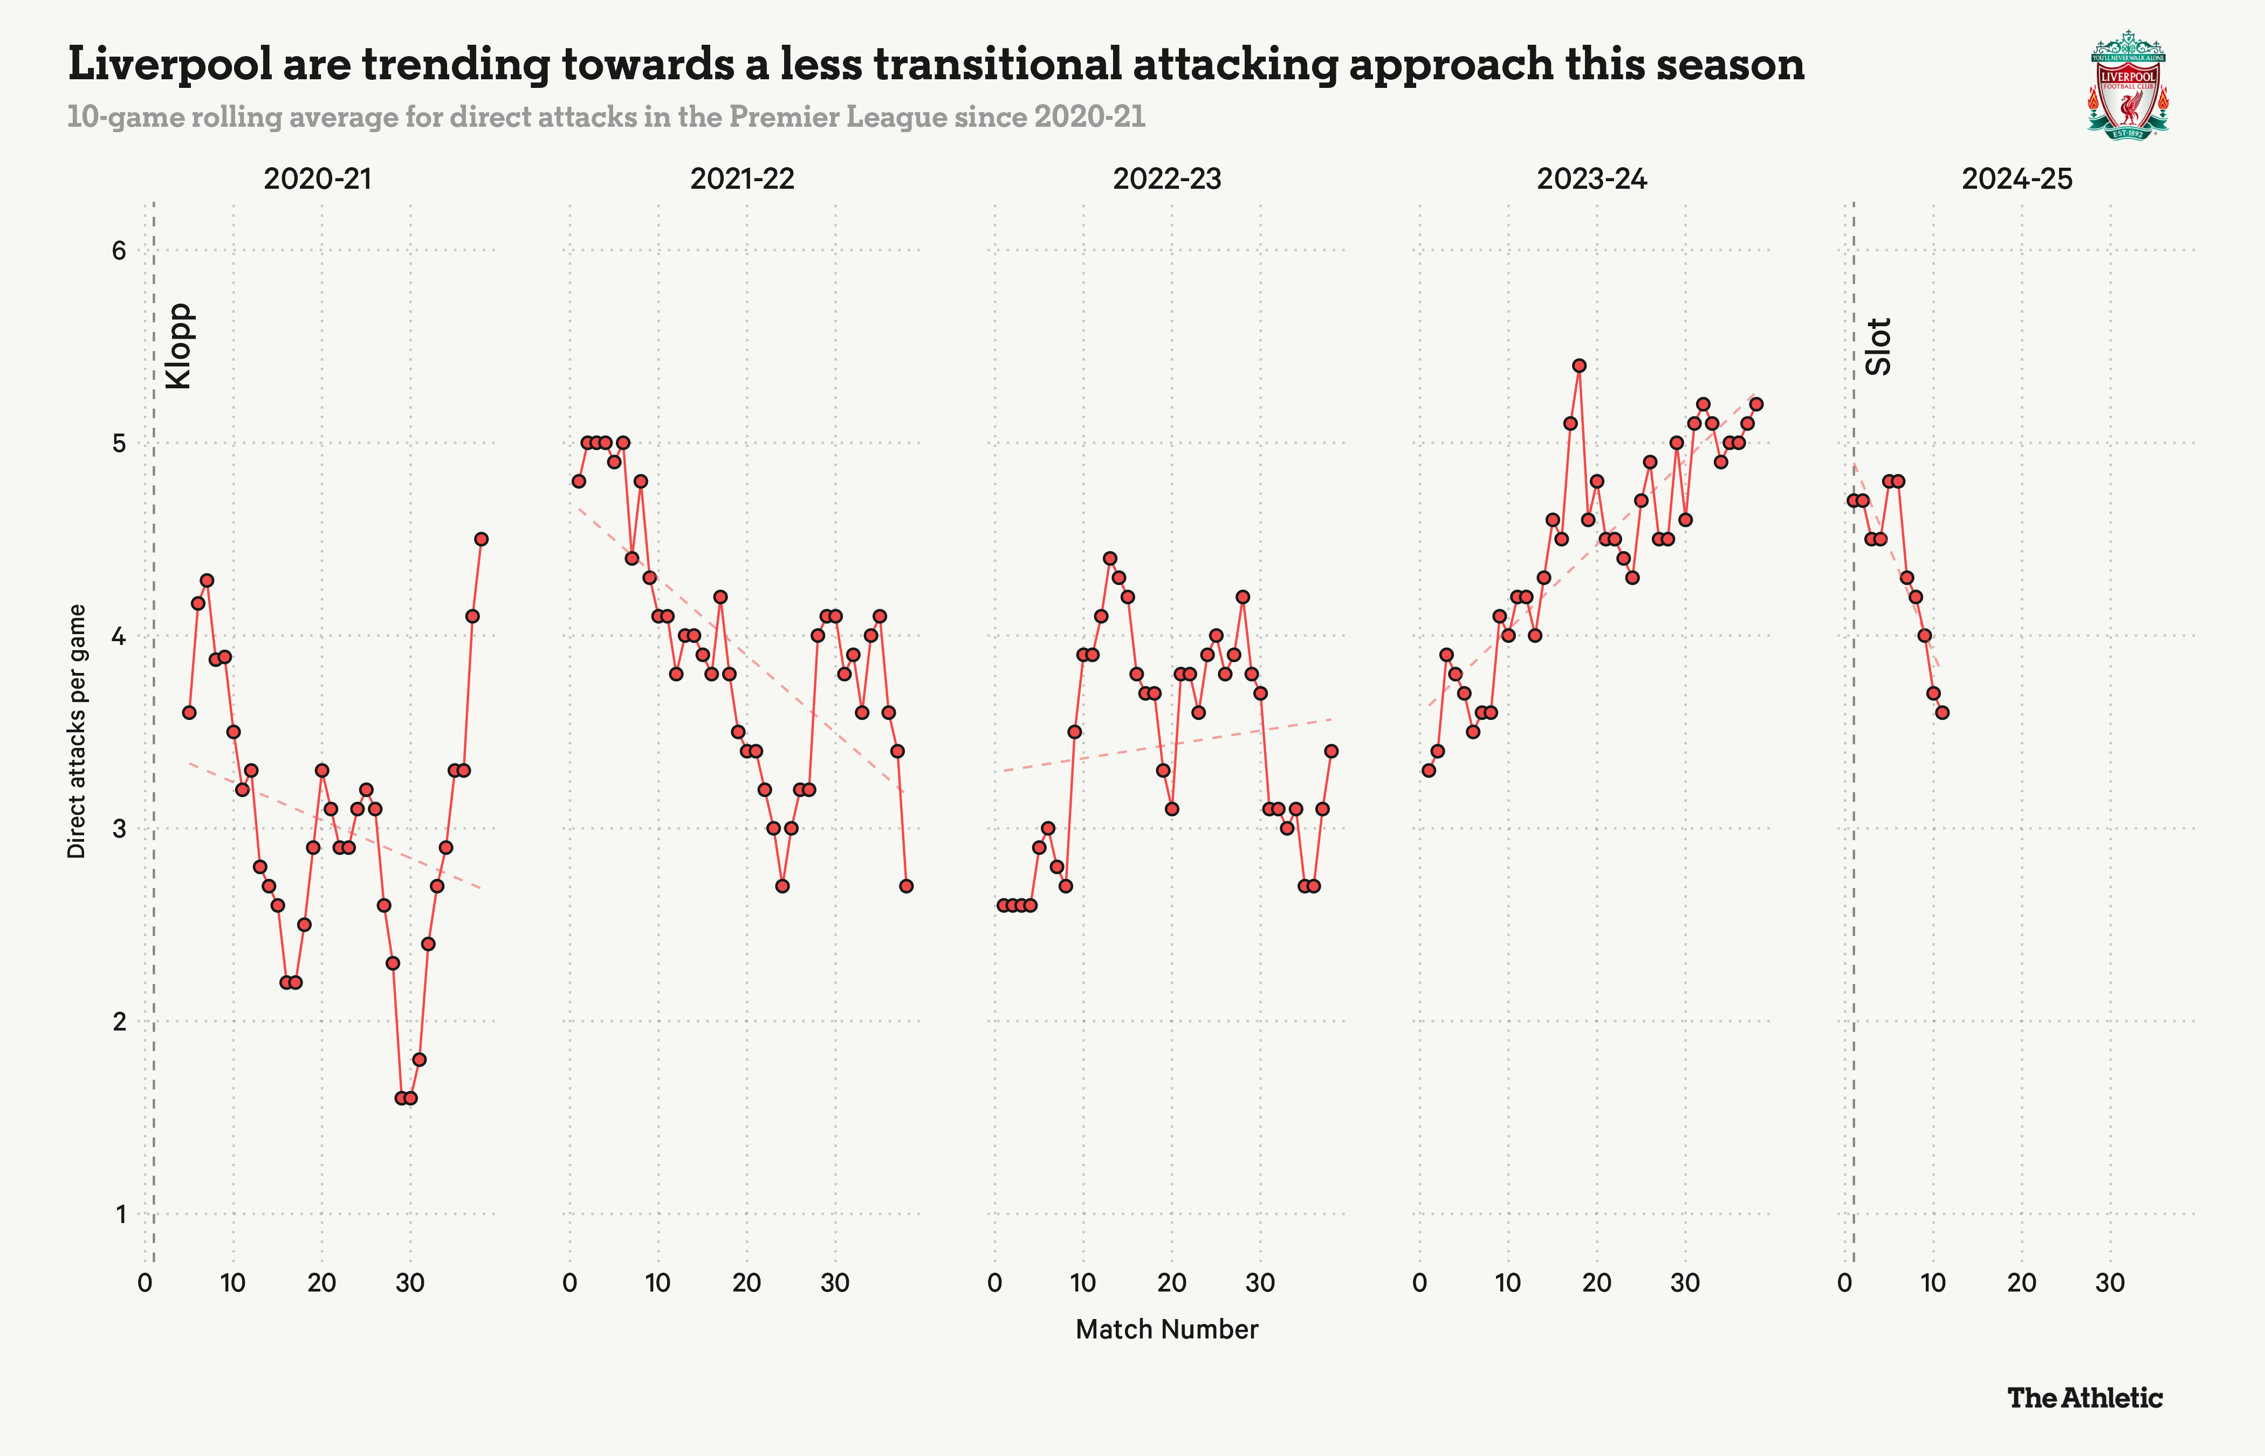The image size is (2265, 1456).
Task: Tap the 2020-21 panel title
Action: (x=318, y=178)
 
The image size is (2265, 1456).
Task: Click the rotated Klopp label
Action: (x=179, y=346)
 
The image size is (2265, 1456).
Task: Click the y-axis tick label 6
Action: (x=119, y=251)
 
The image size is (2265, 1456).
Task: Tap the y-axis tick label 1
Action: (x=120, y=1214)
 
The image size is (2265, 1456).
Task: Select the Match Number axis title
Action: (x=1166, y=1329)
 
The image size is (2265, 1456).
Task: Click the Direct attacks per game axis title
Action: (x=77, y=731)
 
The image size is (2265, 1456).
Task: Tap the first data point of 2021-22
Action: (x=579, y=481)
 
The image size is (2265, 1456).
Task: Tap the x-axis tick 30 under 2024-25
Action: (x=2110, y=1283)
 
